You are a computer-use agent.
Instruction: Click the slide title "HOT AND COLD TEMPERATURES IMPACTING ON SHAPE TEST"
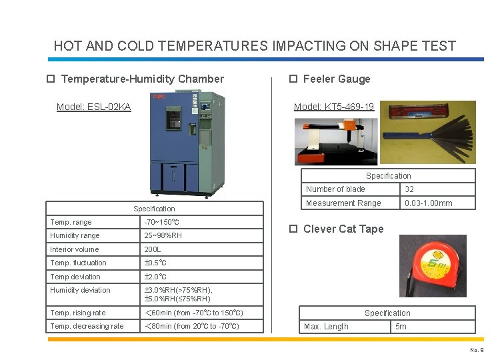tap(255, 46)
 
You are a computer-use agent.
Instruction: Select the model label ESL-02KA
tap(94, 107)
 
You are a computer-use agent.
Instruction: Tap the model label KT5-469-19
tap(334, 107)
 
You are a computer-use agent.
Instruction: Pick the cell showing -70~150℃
tap(162, 222)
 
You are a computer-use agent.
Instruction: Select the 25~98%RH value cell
tap(163, 235)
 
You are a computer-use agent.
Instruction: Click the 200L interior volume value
tap(153, 249)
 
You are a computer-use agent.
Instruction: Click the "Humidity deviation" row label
tap(80, 290)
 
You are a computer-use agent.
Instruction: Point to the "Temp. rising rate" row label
tap(77, 313)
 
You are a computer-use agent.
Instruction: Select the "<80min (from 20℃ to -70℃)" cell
tap(192, 326)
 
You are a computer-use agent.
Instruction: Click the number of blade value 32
tap(409, 189)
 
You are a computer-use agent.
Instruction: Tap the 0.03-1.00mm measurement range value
tap(428, 203)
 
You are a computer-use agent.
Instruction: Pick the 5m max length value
tap(401, 327)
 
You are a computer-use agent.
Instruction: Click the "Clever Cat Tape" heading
tap(343, 229)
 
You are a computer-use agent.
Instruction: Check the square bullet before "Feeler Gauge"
tap(293, 79)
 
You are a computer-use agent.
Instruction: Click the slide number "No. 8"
tap(476, 350)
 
